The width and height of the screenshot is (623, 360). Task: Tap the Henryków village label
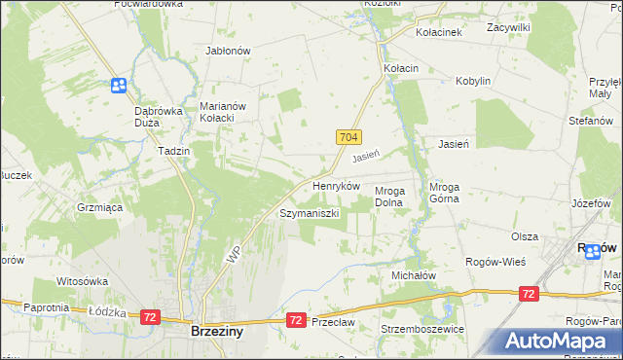336,185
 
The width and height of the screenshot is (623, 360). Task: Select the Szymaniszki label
309,212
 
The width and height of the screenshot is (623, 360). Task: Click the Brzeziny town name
217,331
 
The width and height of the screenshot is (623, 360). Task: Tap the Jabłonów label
229,51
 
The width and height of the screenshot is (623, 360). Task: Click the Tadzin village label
173,152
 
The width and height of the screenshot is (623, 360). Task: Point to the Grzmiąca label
98,207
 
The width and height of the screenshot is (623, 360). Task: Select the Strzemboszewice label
423,329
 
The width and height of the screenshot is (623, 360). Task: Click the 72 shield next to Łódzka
150,316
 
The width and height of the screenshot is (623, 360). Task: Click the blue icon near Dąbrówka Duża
119,86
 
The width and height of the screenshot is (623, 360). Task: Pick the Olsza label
525,236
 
